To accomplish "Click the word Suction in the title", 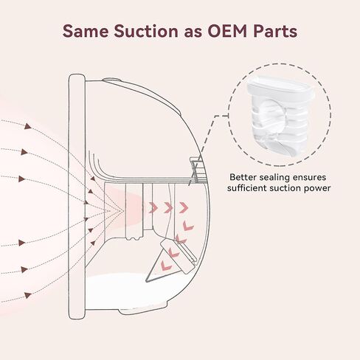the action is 146,31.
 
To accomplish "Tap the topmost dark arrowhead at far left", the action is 28,126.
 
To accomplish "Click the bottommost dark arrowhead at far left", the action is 28,295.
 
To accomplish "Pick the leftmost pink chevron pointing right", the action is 153,208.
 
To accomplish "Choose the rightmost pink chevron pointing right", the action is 184,207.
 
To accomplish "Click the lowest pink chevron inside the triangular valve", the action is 166,265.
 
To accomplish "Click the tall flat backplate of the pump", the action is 77,197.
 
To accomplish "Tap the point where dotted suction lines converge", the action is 124,210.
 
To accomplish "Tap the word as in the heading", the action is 193,33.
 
